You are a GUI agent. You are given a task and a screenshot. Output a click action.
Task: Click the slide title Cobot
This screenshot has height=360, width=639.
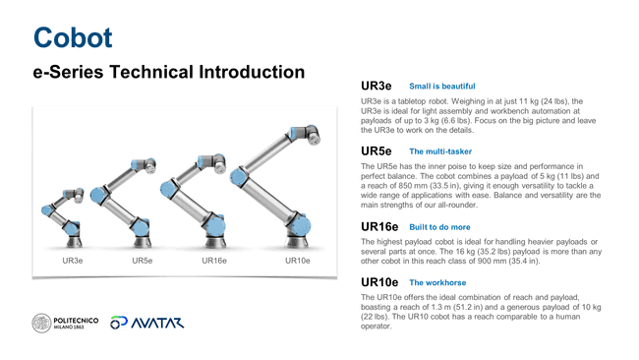(73, 37)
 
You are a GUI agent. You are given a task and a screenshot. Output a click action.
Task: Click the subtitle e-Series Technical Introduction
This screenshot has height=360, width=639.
(168, 74)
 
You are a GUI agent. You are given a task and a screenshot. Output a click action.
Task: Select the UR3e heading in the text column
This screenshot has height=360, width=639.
(377, 87)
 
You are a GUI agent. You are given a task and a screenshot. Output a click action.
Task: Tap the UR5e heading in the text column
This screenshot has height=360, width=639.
(377, 151)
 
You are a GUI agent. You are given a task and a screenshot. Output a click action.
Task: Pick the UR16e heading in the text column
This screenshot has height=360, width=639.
(379, 226)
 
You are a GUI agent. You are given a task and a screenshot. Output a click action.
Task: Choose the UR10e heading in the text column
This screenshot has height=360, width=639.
(379, 282)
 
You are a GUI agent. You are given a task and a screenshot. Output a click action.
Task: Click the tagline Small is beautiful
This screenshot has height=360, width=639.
(441, 88)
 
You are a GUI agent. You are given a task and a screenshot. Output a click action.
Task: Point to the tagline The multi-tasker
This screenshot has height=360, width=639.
(441, 152)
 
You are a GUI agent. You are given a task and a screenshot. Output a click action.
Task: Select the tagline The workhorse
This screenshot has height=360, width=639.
(439, 283)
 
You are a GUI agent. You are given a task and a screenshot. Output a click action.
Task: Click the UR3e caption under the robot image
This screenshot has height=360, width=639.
(73, 261)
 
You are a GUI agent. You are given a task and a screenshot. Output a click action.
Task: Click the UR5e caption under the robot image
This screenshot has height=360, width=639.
(142, 261)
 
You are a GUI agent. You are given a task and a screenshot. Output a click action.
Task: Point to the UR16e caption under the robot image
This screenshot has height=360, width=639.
(214, 261)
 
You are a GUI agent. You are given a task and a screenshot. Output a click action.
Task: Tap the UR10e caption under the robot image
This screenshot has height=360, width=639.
(297, 261)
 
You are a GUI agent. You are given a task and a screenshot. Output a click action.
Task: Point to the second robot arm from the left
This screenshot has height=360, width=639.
(138, 202)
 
